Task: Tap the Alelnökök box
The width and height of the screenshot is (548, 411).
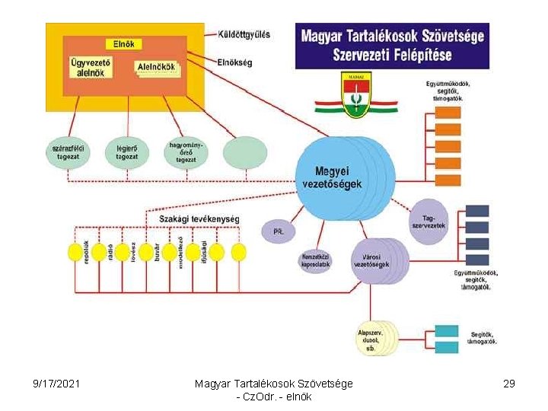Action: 156,68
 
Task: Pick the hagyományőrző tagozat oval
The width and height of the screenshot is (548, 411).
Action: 186,151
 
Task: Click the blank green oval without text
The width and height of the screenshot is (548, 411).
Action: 245,151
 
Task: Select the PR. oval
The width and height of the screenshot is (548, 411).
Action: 278,231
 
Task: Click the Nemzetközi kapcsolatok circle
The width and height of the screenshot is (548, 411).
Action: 315,260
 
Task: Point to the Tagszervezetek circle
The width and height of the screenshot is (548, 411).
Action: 429,221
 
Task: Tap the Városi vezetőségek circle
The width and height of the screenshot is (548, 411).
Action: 372,260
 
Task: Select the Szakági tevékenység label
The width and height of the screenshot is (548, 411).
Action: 199,218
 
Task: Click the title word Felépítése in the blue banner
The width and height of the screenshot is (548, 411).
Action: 418,56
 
